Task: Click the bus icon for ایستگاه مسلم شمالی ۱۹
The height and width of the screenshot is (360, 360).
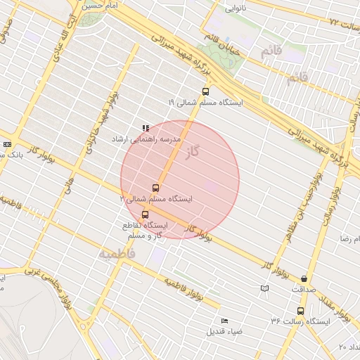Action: (x=205, y=91)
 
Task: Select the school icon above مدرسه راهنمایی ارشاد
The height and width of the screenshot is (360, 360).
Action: (x=146, y=128)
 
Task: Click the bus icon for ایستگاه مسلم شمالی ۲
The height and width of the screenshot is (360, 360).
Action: (x=155, y=188)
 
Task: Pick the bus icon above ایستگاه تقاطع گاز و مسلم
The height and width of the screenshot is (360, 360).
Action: (x=145, y=214)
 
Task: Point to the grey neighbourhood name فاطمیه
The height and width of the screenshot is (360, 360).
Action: (x=116, y=252)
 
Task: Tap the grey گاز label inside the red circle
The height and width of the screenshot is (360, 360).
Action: (x=191, y=151)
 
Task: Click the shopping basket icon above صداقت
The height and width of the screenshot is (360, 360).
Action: (x=304, y=278)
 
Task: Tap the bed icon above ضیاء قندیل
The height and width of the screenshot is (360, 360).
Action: (x=224, y=321)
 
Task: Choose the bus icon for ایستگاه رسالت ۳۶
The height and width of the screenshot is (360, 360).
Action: (x=301, y=311)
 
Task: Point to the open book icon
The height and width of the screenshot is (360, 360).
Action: (x=264, y=288)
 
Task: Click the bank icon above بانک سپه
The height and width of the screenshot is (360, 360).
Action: (x=7, y=143)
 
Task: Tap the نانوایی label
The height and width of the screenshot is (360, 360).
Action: (x=236, y=9)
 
